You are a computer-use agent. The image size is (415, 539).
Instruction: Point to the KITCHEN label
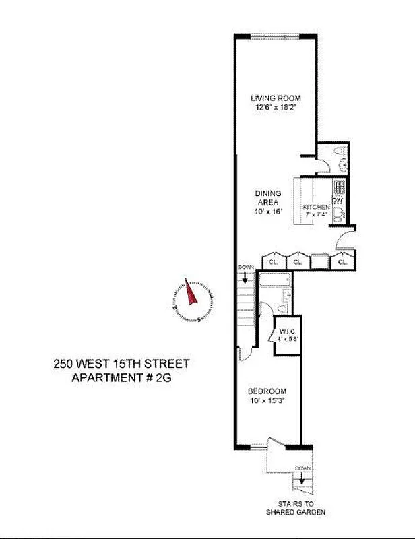315,206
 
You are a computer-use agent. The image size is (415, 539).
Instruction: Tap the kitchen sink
339,215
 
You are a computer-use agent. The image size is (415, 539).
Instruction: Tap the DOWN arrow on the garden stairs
301,474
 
